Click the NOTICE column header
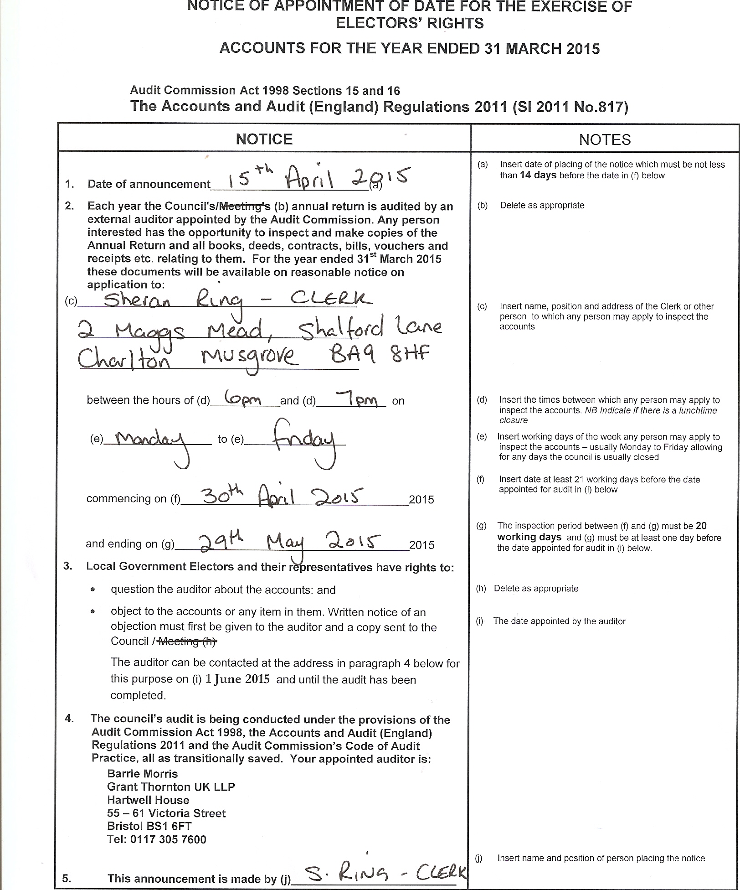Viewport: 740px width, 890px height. tap(264, 139)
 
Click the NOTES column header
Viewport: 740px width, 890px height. tap(605, 140)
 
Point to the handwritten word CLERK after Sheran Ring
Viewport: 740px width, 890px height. tap(331, 299)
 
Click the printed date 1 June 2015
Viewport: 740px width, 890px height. tap(237, 679)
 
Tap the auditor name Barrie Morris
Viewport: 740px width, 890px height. tap(142, 774)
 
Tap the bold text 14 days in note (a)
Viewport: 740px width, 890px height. tap(538, 176)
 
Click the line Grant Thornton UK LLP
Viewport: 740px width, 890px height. tap(171, 787)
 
